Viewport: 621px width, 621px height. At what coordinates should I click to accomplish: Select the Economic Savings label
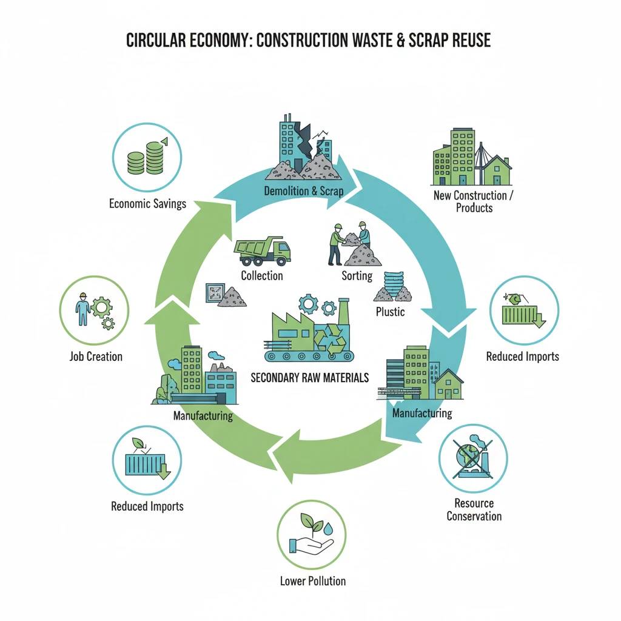point(148,204)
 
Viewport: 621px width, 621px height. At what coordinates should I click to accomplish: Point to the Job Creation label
point(96,356)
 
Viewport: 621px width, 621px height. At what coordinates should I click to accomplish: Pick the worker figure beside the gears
point(82,309)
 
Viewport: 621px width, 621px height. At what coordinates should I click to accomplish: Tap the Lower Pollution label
point(313,580)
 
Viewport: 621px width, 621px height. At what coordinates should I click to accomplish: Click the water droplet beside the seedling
point(328,528)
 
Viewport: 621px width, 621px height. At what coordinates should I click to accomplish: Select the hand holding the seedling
point(311,546)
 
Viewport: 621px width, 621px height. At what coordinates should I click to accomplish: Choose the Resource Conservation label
point(474,509)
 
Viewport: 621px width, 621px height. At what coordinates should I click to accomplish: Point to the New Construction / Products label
point(474,201)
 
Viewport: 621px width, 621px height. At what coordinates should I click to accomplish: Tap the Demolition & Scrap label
point(304,191)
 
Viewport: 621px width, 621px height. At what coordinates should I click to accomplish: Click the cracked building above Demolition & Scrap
point(305,147)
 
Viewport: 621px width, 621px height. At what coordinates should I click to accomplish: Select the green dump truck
point(263,250)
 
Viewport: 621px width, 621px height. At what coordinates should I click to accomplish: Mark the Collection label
point(262,276)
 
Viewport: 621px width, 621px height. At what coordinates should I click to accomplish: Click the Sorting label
point(357,276)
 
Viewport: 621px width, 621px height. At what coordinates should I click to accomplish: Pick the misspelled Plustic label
point(391,312)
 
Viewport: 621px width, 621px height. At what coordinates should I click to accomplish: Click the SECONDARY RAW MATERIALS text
point(310,377)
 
